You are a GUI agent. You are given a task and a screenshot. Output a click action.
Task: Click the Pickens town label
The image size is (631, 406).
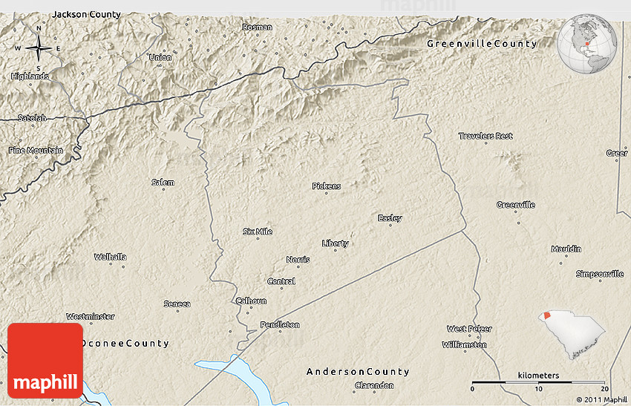326,186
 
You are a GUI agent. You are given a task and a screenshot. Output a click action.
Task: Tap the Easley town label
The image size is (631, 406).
390,217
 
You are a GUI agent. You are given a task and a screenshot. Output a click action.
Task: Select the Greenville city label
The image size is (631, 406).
515,204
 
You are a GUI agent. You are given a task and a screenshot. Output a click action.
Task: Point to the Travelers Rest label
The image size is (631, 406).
485,136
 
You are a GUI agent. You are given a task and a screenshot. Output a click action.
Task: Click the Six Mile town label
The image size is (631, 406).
257,232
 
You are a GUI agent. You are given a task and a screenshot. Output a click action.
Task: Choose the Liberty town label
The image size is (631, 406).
335,243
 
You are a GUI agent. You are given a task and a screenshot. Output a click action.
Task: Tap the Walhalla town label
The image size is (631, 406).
110,257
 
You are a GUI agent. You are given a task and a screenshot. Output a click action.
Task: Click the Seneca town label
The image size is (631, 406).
177,304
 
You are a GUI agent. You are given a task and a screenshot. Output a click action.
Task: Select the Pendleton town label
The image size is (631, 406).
280,324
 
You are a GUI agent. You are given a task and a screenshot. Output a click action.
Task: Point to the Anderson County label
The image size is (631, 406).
358,371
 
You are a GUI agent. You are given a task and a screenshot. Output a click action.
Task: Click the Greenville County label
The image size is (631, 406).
481,44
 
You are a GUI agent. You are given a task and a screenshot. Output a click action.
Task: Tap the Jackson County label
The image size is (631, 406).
86,14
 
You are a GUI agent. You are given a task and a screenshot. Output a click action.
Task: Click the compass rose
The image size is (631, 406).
38,49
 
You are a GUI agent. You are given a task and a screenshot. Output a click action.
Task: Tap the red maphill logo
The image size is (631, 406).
45,360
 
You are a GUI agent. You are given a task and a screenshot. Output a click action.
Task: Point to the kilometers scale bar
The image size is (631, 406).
538,382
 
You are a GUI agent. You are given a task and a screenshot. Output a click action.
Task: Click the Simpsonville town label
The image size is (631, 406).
599,274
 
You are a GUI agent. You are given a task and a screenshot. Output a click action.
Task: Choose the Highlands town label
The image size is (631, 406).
30,76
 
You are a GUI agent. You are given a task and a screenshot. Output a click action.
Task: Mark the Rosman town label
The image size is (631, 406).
257,27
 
